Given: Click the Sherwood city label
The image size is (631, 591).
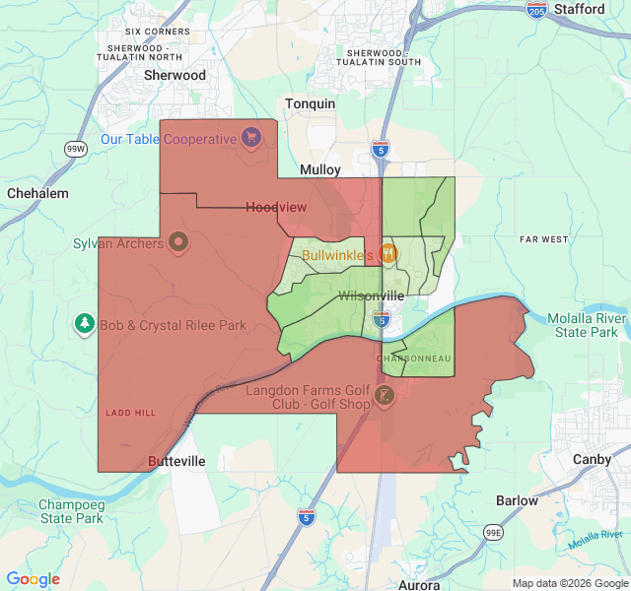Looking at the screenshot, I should (175, 75).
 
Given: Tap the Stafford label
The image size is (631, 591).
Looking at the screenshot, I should (579, 9).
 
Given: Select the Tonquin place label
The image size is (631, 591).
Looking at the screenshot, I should (310, 103).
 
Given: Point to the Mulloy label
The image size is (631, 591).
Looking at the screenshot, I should (319, 169).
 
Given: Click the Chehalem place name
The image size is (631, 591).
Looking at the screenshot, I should (37, 193).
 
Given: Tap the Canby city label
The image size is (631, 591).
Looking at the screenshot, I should (592, 459).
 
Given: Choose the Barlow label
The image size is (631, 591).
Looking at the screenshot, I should (517, 500).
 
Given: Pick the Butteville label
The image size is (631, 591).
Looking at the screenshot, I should (175, 461).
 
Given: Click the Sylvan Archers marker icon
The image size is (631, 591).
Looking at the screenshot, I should (178, 240).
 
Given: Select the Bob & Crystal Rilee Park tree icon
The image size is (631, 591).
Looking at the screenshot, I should (85, 323).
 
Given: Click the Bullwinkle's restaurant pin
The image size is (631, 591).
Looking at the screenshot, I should (388, 253).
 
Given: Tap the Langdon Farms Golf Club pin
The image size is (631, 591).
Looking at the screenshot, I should (385, 396).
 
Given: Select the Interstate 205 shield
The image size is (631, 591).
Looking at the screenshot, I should (536, 10).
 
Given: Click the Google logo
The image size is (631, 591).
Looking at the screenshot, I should (33, 579).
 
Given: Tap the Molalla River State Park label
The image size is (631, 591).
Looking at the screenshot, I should (591, 326).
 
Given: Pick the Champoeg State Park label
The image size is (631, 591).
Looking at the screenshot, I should (70, 511).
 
